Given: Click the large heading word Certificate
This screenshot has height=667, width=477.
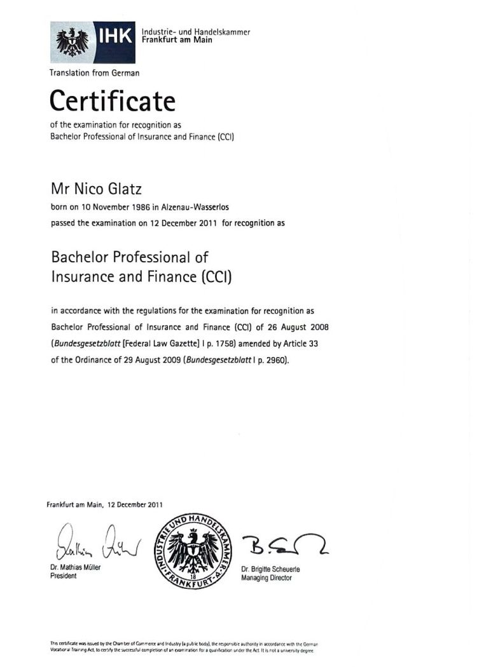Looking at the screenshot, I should click(x=112, y=100).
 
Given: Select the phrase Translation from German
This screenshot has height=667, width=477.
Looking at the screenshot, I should click(x=94, y=73).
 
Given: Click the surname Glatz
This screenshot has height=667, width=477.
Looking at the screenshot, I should click(x=126, y=189).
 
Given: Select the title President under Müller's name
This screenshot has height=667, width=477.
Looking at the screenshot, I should click(x=63, y=576).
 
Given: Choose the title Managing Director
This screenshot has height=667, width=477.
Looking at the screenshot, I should click(x=266, y=578).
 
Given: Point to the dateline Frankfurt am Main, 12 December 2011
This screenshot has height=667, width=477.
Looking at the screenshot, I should click(x=104, y=505).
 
